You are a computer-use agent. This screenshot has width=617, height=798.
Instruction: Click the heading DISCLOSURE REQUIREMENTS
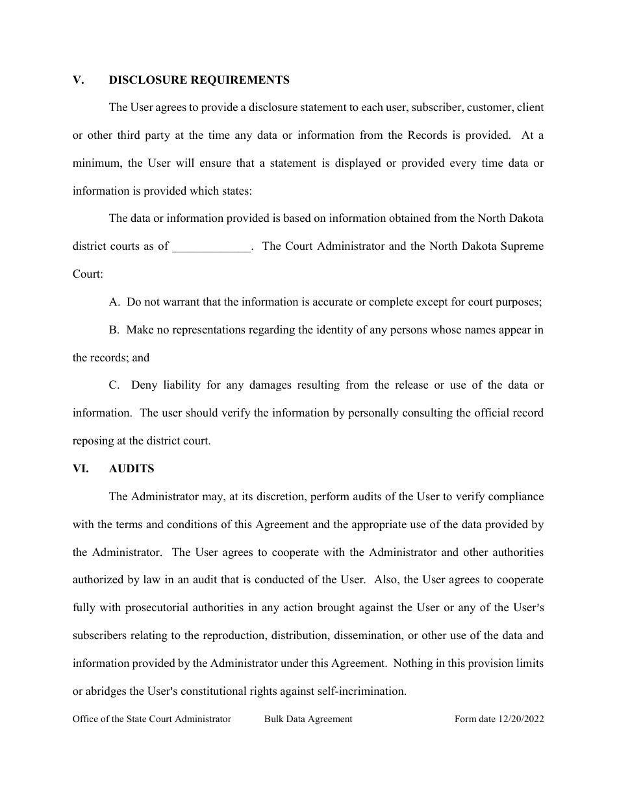click(x=199, y=80)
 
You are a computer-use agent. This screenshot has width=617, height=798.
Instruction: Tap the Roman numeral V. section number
click(x=79, y=80)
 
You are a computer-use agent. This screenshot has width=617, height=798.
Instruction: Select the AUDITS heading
click(x=131, y=468)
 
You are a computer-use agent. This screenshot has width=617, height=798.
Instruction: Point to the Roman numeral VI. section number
click(x=81, y=468)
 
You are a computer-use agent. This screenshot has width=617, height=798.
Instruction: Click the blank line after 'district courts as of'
click(x=212, y=247)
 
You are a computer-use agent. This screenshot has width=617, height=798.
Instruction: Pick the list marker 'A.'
click(x=115, y=302)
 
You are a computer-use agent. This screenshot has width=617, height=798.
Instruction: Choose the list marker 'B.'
click(x=114, y=330)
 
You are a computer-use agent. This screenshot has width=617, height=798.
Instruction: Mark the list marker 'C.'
click(x=115, y=385)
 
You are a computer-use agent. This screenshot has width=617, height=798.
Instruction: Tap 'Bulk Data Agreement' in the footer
click(x=308, y=719)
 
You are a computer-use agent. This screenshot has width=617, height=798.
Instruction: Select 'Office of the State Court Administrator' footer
click(x=151, y=719)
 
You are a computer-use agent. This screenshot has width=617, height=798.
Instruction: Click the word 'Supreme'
click(x=523, y=247)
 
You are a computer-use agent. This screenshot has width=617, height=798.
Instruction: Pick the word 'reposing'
click(x=92, y=441)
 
